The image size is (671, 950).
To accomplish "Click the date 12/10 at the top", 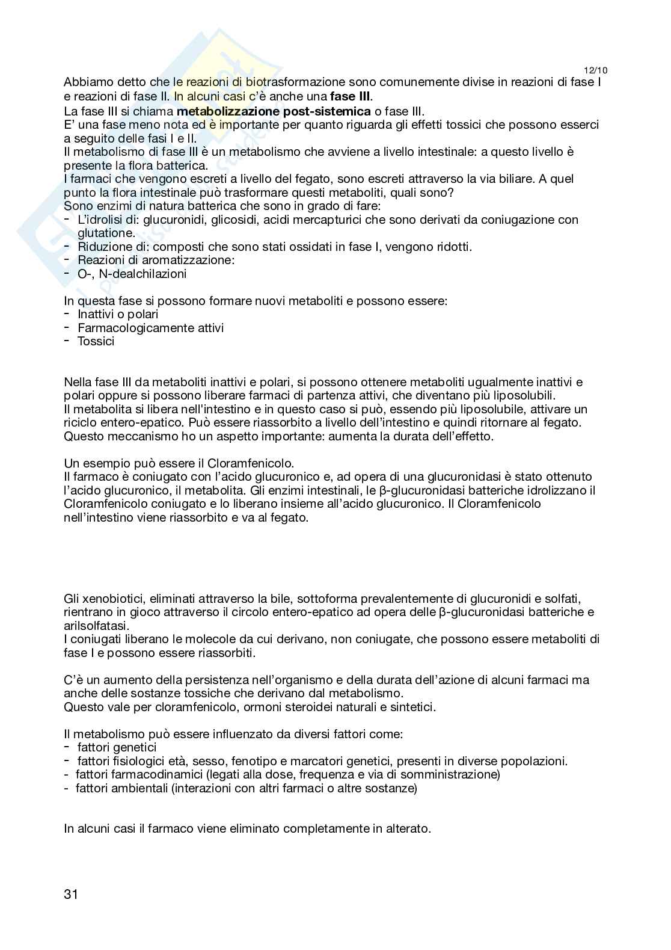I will click(x=595, y=70).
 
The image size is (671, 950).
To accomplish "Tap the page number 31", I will click(x=71, y=893).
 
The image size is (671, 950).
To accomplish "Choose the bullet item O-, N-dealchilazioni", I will click(x=132, y=274).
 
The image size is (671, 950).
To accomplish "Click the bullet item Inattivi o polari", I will click(x=118, y=314).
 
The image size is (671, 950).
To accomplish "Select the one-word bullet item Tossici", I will click(x=96, y=341).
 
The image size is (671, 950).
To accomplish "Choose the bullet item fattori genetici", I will click(x=117, y=747).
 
